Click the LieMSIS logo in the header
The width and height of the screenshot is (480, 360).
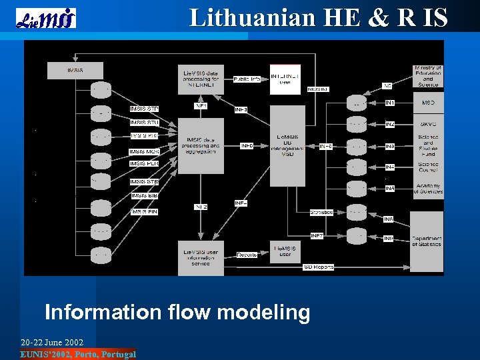[45, 18]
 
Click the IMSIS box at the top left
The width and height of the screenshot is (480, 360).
[75, 70]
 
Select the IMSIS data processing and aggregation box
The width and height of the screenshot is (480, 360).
[201, 146]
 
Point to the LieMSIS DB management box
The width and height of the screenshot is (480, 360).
[287, 145]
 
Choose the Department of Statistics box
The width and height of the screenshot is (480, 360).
[426, 241]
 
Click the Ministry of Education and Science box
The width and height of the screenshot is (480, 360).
[427, 76]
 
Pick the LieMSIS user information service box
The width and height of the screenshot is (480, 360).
[201, 257]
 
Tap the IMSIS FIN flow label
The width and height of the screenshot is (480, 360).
[145, 211]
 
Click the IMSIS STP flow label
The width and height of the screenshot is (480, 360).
[145, 109]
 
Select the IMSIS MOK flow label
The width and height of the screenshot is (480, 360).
[145, 152]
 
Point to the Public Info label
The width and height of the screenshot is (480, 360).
[247, 79]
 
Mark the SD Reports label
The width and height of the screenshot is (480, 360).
[319, 267]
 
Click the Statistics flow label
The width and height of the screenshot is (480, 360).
[321, 212]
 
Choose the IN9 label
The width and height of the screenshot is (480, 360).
[389, 239]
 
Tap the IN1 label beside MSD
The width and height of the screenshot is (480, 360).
[390, 103]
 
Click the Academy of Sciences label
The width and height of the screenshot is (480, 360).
[428, 188]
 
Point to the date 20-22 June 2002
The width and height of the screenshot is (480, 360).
[52, 342]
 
